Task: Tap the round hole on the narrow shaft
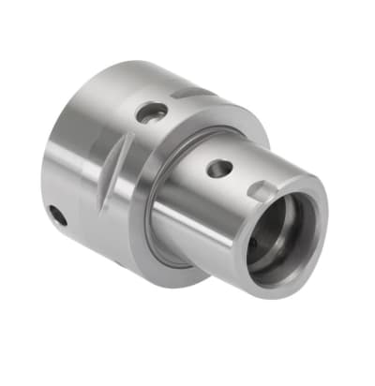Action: [x=218, y=170]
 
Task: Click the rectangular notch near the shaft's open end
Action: [x=263, y=192]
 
